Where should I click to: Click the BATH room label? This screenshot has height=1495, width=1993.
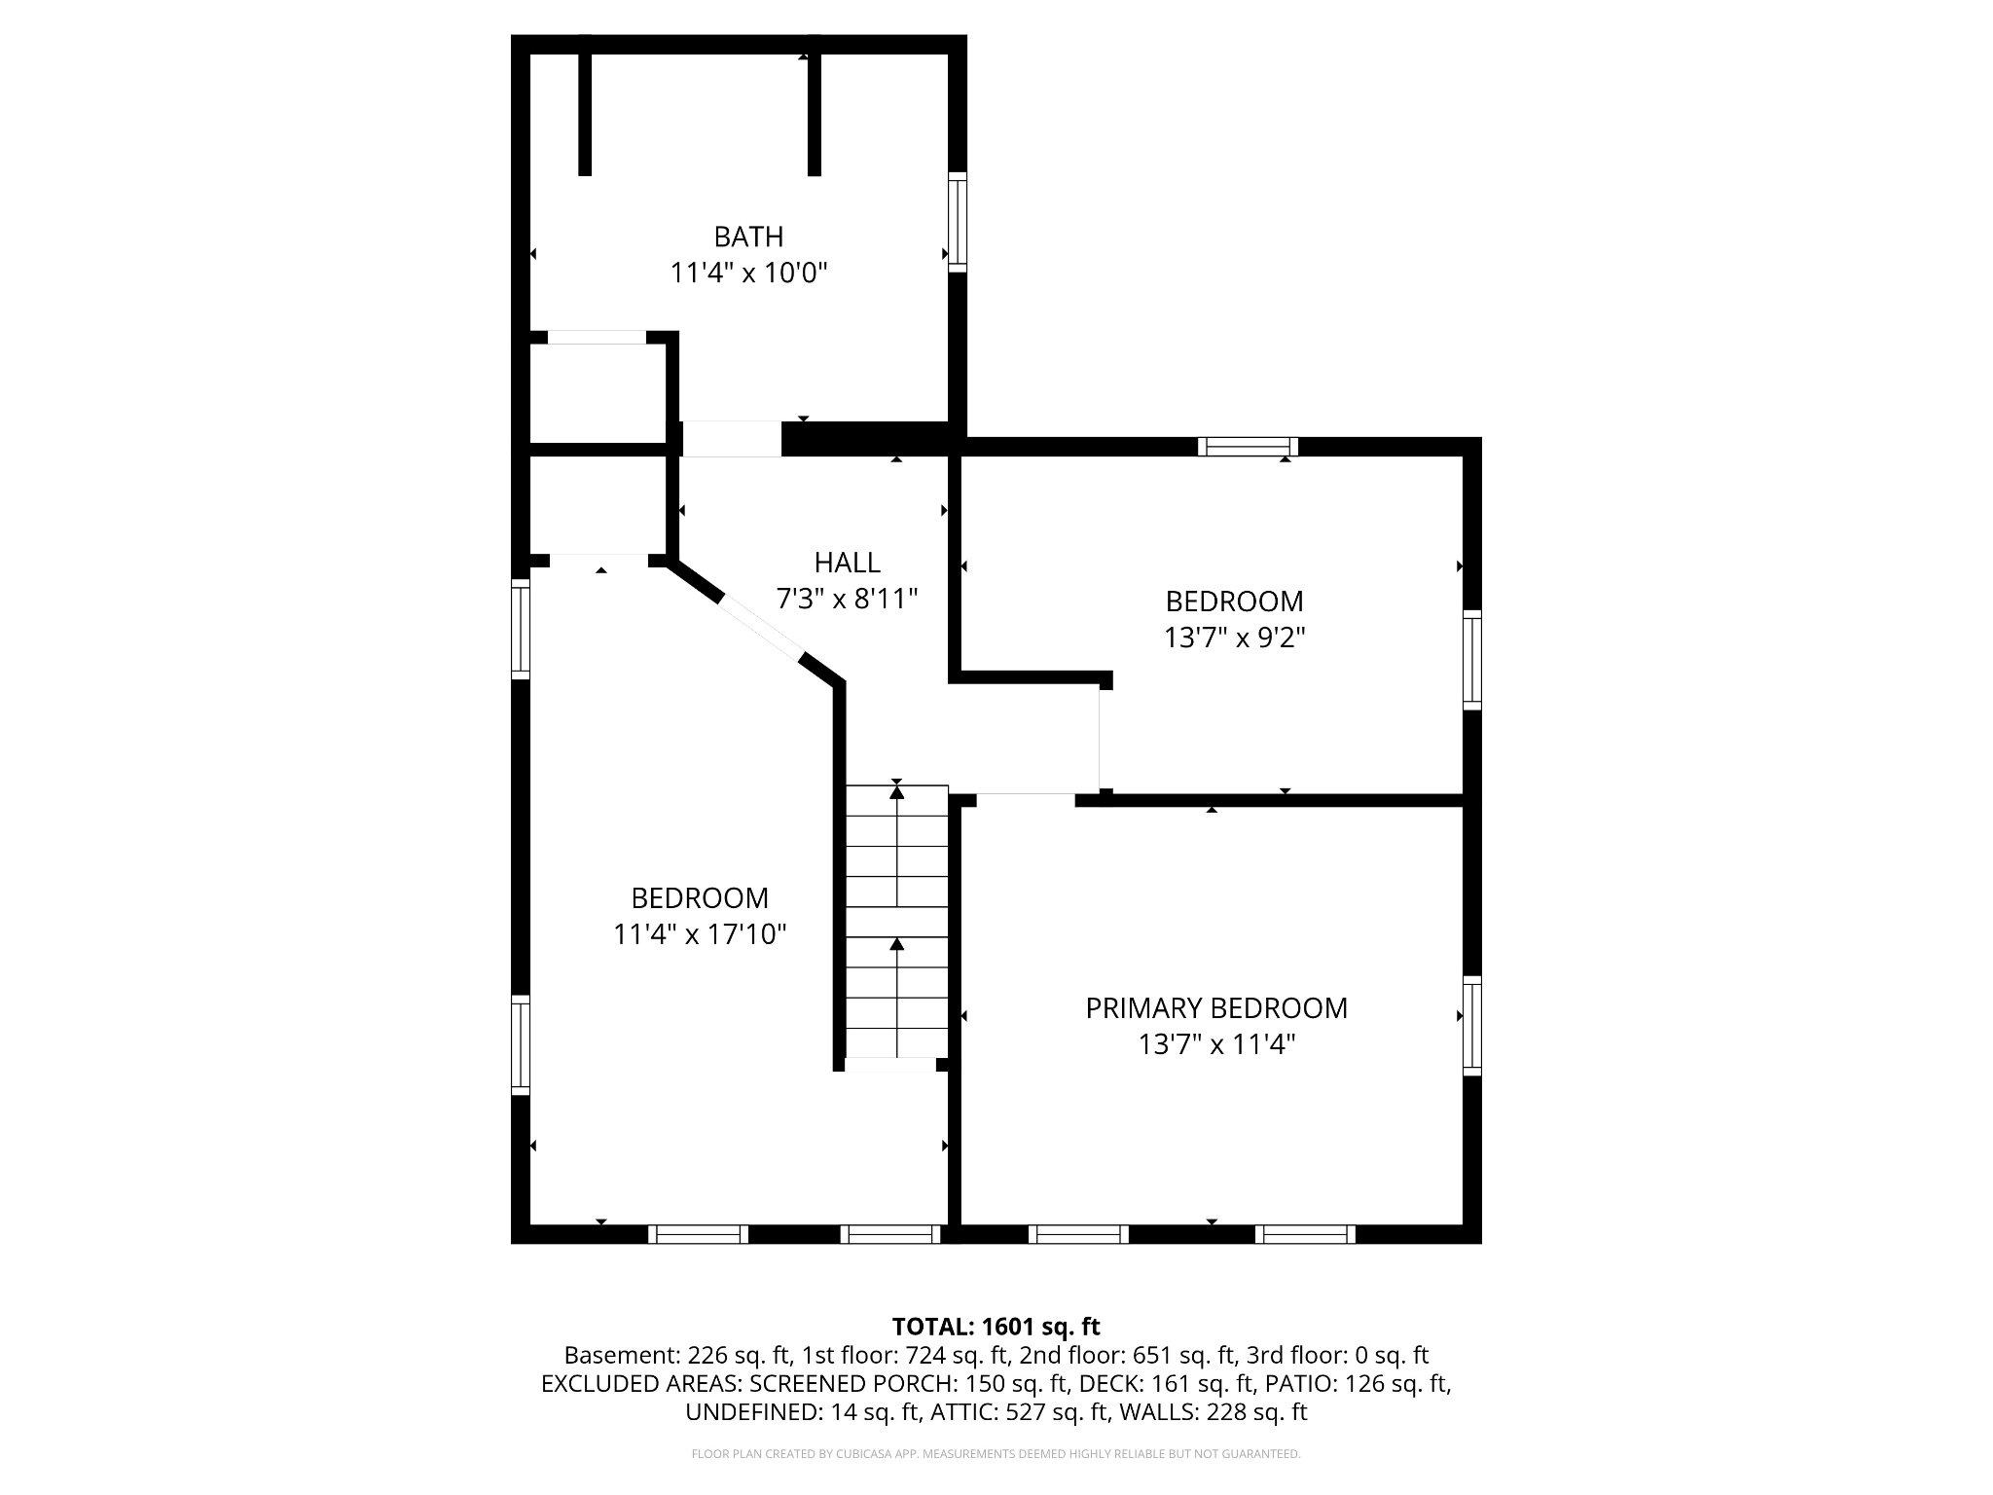point(748,237)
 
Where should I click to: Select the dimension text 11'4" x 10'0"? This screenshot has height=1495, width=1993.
point(748,273)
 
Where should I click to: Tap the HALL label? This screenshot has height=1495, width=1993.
point(847,563)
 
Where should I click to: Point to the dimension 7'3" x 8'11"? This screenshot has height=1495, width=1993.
point(847,599)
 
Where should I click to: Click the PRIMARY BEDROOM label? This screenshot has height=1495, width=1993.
point(1216,1008)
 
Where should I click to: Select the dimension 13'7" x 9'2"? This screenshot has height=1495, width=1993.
point(1234,638)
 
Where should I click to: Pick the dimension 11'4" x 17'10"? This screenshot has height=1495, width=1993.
point(699,934)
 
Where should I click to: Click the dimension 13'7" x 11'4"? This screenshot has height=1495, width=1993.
point(1216,1045)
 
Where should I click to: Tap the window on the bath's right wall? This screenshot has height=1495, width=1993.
point(958,220)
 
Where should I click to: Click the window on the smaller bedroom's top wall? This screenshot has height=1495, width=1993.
point(1247,447)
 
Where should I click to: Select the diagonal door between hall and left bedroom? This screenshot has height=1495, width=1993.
point(760,629)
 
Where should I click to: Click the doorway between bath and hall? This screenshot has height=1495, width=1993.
point(731,439)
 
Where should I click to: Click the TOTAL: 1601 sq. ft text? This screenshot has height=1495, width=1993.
point(996,1327)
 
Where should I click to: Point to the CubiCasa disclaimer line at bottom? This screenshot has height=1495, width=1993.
point(996,1454)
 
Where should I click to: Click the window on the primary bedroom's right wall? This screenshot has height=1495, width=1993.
point(1472,1025)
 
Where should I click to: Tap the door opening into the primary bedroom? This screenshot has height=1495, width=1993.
point(1025,800)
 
